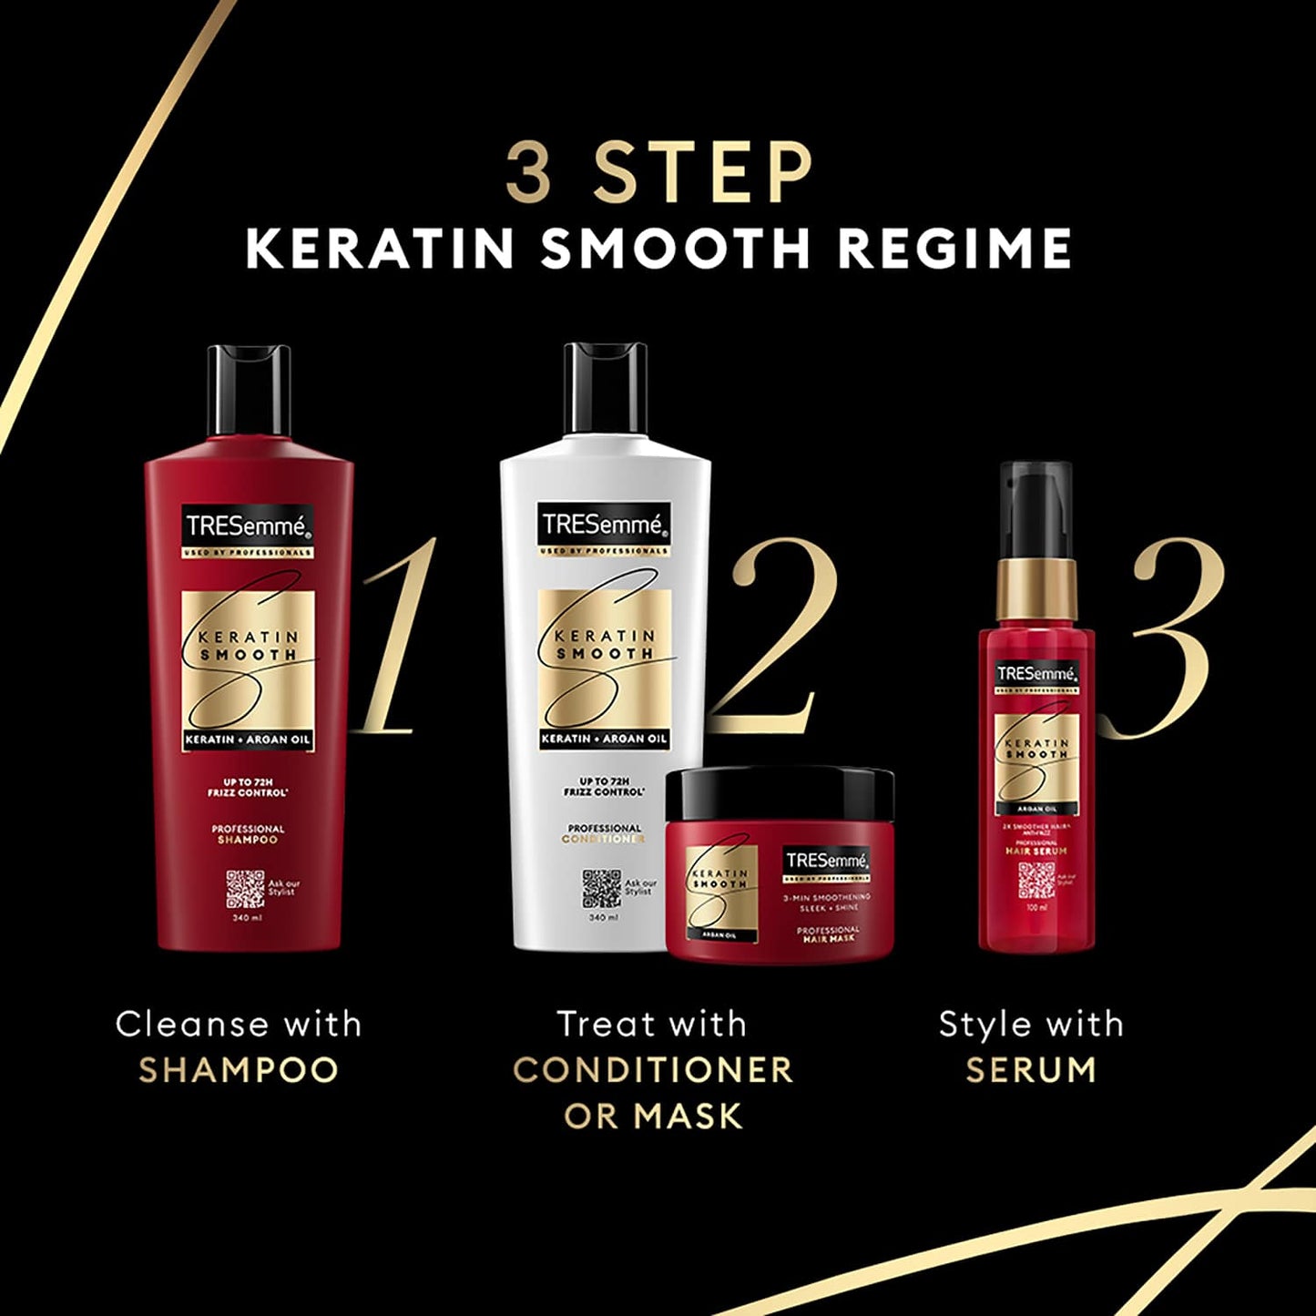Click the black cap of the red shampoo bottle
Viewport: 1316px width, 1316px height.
click(249, 390)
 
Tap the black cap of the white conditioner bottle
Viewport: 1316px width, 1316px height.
click(605, 388)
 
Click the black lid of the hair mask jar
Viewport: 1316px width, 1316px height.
click(780, 793)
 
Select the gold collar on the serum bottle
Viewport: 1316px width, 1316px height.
click(1035, 589)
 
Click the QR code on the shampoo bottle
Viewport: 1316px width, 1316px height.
click(245, 889)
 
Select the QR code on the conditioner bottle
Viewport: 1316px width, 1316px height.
click(601, 889)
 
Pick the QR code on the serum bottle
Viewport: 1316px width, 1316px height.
click(1036, 879)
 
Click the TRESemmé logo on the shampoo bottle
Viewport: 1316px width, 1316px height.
click(248, 525)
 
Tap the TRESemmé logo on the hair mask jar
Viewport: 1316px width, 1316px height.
click(827, 861)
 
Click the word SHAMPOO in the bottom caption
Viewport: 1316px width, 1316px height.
click(239, 1070)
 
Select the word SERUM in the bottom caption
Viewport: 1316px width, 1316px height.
click(1031, 1070)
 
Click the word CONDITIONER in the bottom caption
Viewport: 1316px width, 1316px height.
click(653, 1070)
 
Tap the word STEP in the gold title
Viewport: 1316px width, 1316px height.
click(701, 173)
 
